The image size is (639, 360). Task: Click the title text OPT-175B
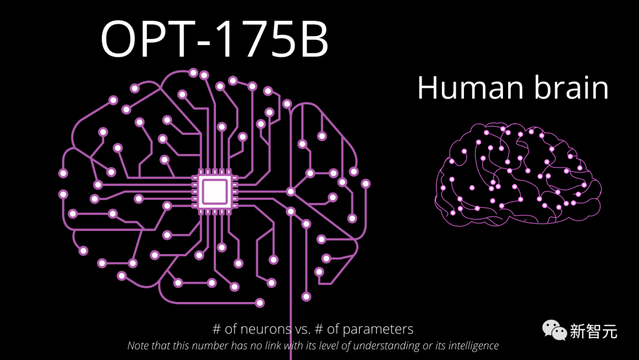pos(214,39)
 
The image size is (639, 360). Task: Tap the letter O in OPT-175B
pos(121,39)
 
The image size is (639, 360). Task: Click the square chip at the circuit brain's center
pos(214,191)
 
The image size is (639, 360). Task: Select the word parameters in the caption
pos(379,330)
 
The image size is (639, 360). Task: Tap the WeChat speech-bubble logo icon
pos(554,329)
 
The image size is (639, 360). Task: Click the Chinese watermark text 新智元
pos(593,330)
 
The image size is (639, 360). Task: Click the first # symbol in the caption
pos(217,329)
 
